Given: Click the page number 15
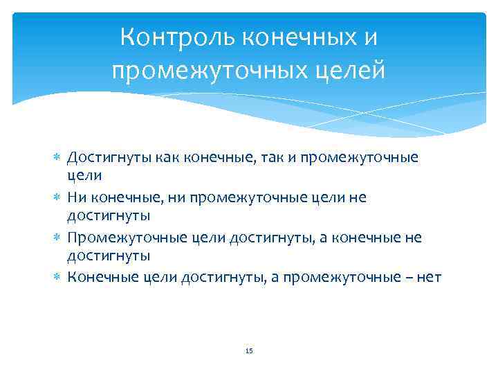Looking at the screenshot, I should (249, 352).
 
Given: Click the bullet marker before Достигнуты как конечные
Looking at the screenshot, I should (57, 158).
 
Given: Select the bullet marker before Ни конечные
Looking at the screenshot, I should (57, 198).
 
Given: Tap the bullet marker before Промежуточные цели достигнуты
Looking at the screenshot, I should (57, 238).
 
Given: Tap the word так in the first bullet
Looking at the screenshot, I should (258, 157).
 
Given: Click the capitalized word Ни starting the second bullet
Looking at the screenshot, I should (75, 197).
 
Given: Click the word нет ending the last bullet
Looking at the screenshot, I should (429, 278).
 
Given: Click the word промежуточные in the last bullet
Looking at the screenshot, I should (347, 278).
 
